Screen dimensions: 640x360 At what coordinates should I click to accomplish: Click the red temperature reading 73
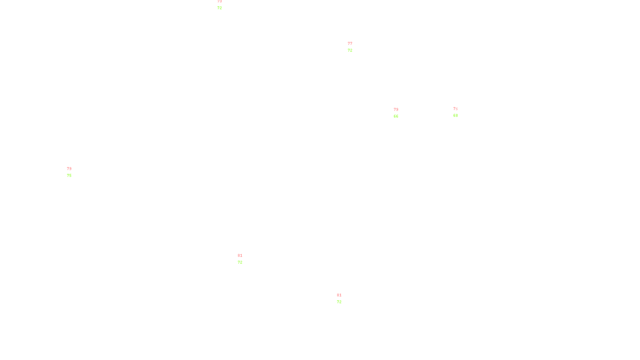[x=219, y=2]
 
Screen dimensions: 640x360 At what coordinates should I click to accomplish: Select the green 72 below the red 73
[x=219, y=8]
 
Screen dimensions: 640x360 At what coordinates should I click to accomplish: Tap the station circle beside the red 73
[x=223, y=4]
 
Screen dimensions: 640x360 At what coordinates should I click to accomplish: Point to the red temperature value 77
[x=350, y=44]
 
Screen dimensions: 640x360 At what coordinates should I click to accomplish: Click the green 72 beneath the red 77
[x=350, y=50]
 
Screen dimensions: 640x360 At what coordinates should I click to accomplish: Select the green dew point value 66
[x=396, y=116]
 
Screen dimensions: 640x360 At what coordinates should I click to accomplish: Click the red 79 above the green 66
[x=396, y=110]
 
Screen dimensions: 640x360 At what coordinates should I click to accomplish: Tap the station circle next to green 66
[x=400, y=113]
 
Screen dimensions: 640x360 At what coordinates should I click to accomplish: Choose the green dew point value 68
[x=455, y=116]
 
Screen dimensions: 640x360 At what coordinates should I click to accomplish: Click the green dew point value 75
[x=69, y=176]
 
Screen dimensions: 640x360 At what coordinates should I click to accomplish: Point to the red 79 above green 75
[x=69, y=169]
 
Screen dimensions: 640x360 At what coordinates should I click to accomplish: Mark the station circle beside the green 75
[x=73, y=172]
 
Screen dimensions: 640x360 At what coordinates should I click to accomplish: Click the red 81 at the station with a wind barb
[x=240, y=256]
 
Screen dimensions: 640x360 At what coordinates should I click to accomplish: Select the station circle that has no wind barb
[x=343, y=298]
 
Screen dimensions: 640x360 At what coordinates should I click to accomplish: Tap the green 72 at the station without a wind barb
[x=339, y=302]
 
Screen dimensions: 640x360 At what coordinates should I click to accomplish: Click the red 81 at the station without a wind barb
[x=339, y=295]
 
